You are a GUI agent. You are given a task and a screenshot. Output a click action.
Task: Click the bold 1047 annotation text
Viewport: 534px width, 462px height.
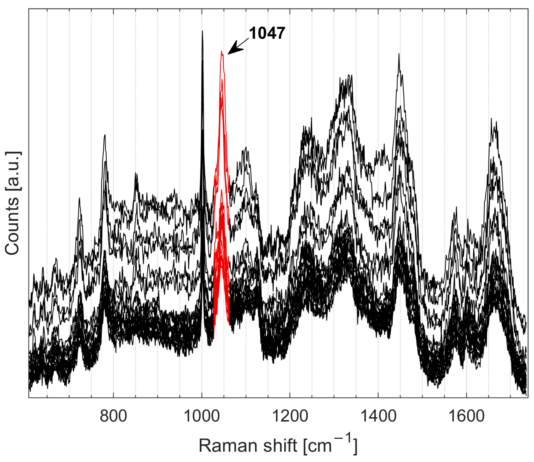click(267, 34)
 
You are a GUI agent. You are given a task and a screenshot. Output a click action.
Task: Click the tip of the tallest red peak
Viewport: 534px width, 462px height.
click(222, 52)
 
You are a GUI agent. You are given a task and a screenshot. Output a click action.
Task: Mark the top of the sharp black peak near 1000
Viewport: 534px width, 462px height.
click(202, 31)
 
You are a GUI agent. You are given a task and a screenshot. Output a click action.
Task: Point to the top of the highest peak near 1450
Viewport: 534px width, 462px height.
click(399, 55)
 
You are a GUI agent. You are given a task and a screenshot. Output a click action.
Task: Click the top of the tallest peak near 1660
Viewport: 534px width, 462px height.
click(491, 119)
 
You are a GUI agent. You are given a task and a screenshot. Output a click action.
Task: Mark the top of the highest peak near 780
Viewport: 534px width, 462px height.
click(105, 135)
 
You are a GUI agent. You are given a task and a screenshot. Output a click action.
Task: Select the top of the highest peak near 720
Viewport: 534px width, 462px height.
click(79, 198)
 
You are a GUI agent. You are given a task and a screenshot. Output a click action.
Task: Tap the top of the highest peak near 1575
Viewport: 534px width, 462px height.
click(456, 208)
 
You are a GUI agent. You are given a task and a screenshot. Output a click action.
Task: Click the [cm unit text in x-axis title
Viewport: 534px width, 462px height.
click(317, 446)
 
